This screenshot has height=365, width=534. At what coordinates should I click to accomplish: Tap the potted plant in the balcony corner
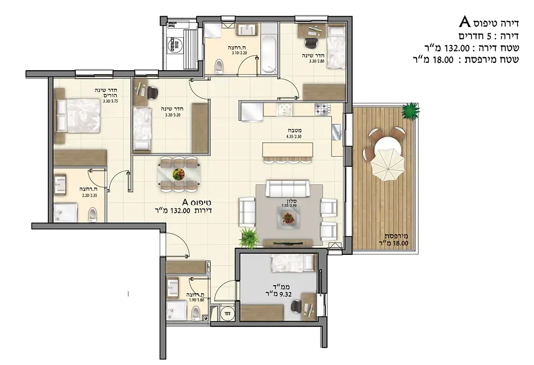pyautogui.click(x=411, y=110)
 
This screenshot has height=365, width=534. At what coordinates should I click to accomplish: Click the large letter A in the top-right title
pyautogui.click(x=465, y=22)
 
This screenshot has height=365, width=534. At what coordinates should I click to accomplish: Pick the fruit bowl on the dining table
pyautogui.click(x=179, y=173)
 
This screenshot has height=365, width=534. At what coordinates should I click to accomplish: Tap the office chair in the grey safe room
pyautogui.click(x=297, y=305)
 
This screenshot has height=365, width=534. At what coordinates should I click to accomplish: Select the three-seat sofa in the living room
pyautogui.click(x=286, y=188)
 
